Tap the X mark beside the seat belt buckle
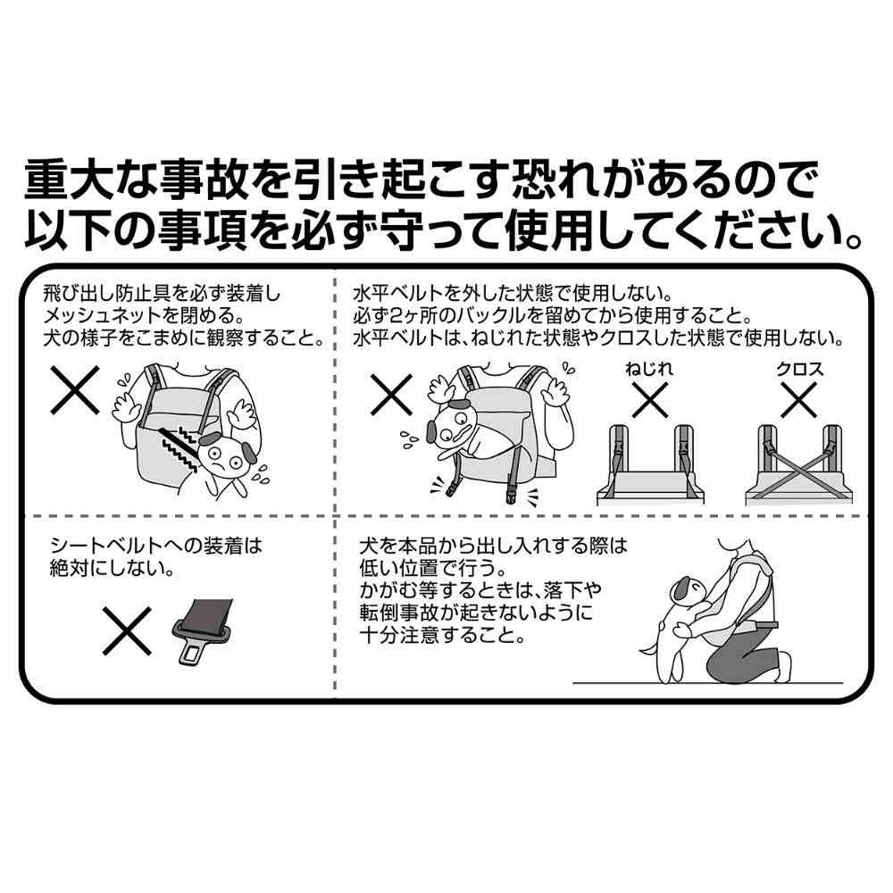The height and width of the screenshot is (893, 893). pyautogui.click(x=128, y=630)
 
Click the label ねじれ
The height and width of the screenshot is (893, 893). pyautogui.click(x=649, y=369)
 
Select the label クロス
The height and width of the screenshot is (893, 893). pyautogui.click(x=799, y=369)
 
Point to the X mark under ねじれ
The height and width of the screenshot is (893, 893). pyautogui.click(x=650, y=400)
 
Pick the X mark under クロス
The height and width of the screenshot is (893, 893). pyautogui.click(x=799, y=400)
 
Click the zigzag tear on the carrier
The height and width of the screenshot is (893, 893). pyautogui.click(x=179, y=447)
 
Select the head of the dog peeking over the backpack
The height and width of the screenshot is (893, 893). pyautogui.click(x=454, y=424)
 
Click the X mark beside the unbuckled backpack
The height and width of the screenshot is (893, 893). pyautogui.click(x=391, y=394)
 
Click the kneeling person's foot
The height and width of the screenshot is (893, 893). pyautogui.click(x=782, y=665)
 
